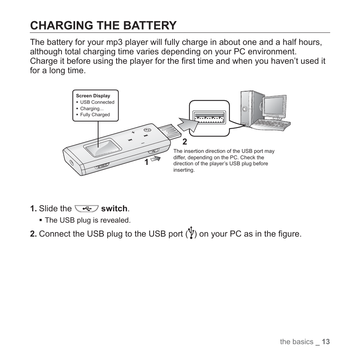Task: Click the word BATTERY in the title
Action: pyautogui.click(x=149, y=25)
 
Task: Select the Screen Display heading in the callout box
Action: pyautogui.click(x=93, y=96)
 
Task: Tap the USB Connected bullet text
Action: pyautogui.click(x=97, y=102)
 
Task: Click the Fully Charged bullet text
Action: pyautogui.click(x=95, y=115)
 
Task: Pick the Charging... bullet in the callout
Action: pyautogui.click(x=92, y=109)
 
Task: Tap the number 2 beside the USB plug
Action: pyautogui.click(x=185, y=142)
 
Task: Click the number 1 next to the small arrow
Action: pyautogui.click(x=146, y=163)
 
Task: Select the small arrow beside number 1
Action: pyautogui.click(x=155, y=158)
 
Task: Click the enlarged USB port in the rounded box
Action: pyautogui.click(x=209, y=117)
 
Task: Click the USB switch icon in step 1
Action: pyautogui.click(x=86, y=209)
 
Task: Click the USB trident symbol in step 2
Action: pyautogui.click(x=191, y=233)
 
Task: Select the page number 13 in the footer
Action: pyautogui.click(x=326, y=342)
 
